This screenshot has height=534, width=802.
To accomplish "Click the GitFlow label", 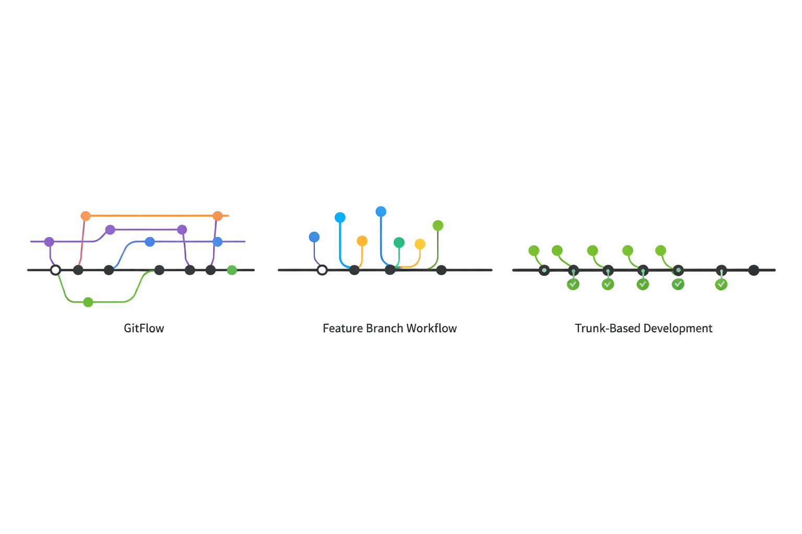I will point(144,328).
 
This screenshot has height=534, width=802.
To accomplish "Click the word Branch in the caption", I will point(385,328).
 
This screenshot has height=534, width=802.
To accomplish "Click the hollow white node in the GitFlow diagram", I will point(55,270).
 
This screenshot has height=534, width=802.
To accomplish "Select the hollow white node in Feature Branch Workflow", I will point(322,270).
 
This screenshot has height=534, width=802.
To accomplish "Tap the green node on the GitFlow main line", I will point(232,270).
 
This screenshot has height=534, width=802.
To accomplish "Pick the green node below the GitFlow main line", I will point(88,302).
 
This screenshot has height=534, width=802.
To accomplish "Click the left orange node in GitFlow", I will point(86,216).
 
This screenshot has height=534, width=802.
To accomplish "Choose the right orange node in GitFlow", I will point(218,216).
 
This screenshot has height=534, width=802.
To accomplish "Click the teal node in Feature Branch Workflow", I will point(399,242).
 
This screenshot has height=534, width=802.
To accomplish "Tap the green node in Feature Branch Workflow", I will point(438,226).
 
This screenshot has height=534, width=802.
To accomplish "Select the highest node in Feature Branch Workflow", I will point(381,212).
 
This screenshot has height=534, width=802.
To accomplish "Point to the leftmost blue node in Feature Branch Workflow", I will point(314,237).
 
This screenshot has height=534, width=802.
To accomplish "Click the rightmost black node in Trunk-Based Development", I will point(753,270).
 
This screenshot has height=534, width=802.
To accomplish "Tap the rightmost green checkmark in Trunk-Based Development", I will point(721,284).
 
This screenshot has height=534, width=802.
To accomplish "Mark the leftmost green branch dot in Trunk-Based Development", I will point(534,251).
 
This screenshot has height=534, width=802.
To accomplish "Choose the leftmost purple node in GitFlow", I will point(49,242).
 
